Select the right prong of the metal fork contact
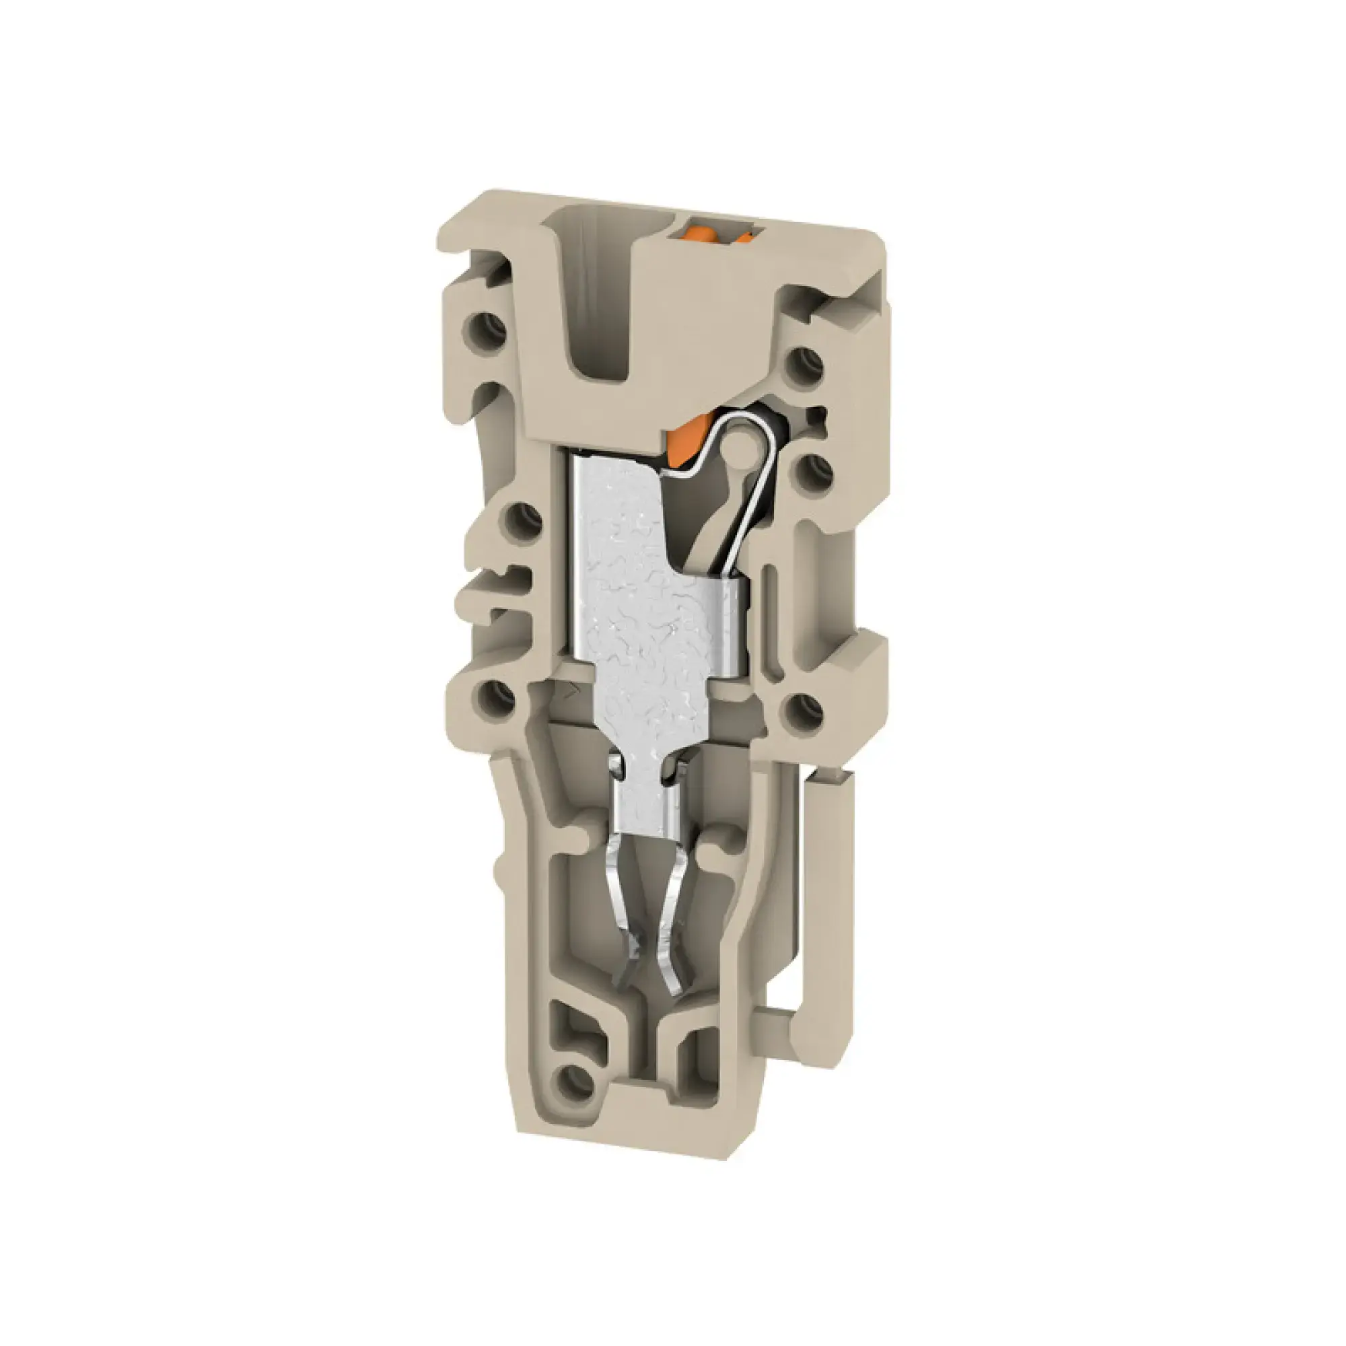pyautogui.click(x=674, y=927)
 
